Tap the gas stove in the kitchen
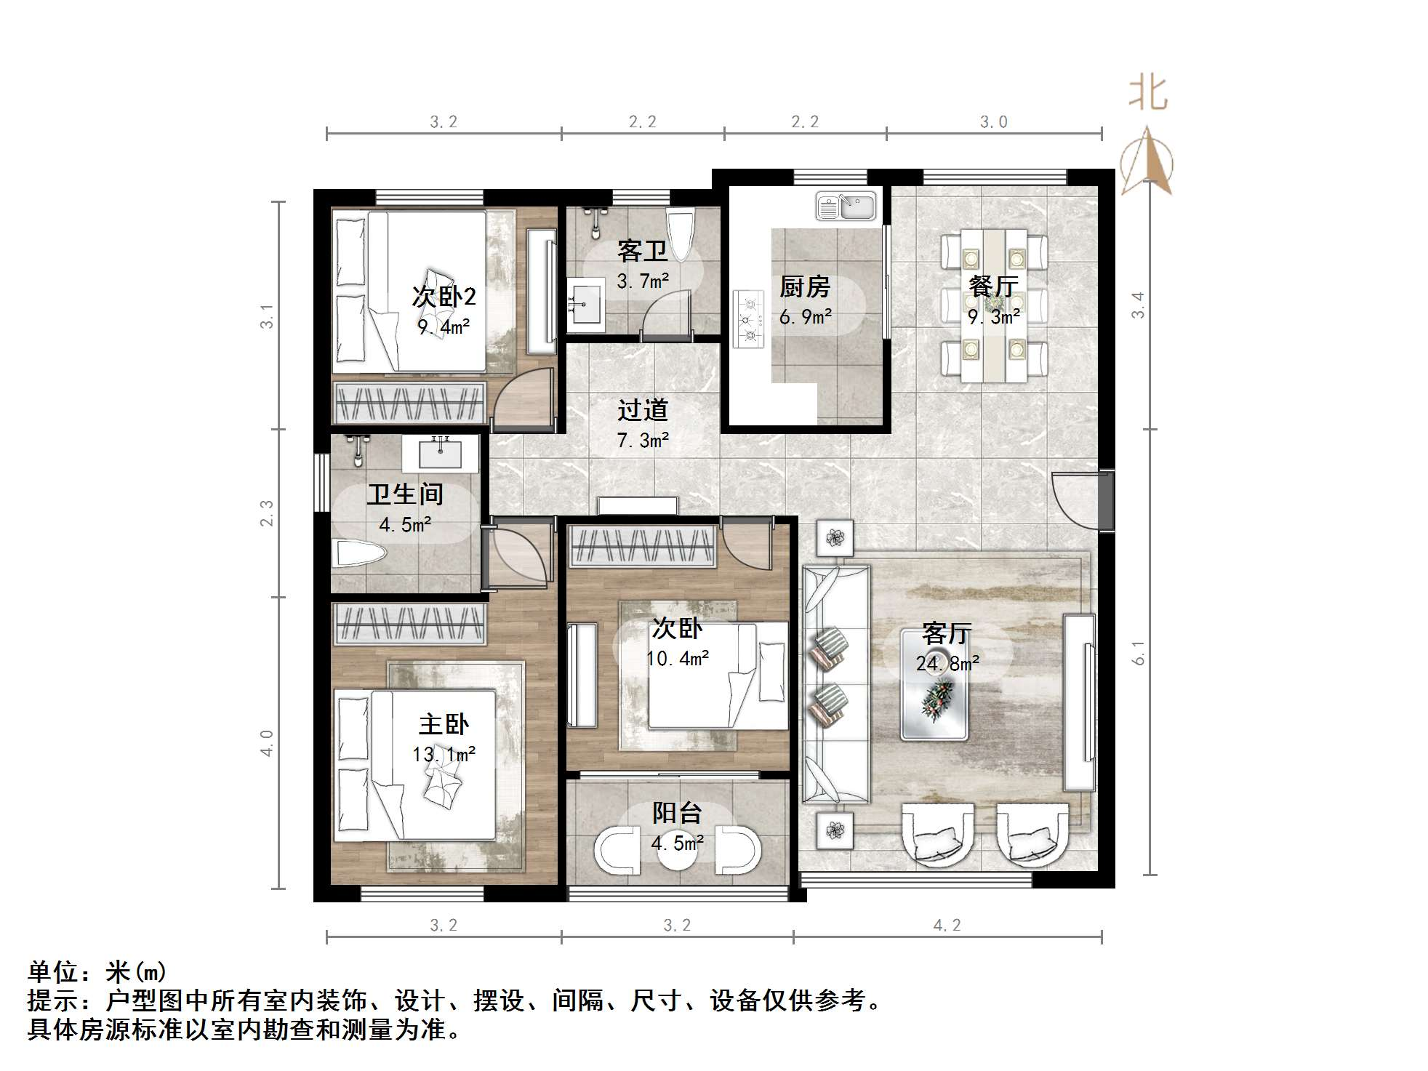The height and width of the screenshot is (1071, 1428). (x=748, y=318)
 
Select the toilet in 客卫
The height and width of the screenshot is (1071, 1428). (x=681, y=234)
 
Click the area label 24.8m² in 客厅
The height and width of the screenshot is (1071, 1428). (x=947, y=662)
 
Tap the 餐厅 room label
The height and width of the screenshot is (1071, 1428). (x=993, y=286)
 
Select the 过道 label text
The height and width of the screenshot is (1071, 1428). (x=642, y=410)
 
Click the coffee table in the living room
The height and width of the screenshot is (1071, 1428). (x=934, y=685)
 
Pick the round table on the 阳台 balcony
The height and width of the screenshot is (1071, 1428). (x=678, y=849)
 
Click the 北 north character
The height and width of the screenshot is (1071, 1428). (x=1148, y=93)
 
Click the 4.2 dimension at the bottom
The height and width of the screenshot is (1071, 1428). (x=947, y=925)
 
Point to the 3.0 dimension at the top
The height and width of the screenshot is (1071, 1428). (x=993, y=122)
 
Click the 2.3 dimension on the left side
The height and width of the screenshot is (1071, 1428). (x=267, y=513)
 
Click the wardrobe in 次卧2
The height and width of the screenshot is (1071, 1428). (x=409, y=402)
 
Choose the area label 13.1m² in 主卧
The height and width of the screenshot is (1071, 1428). (x=444, y=755)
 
